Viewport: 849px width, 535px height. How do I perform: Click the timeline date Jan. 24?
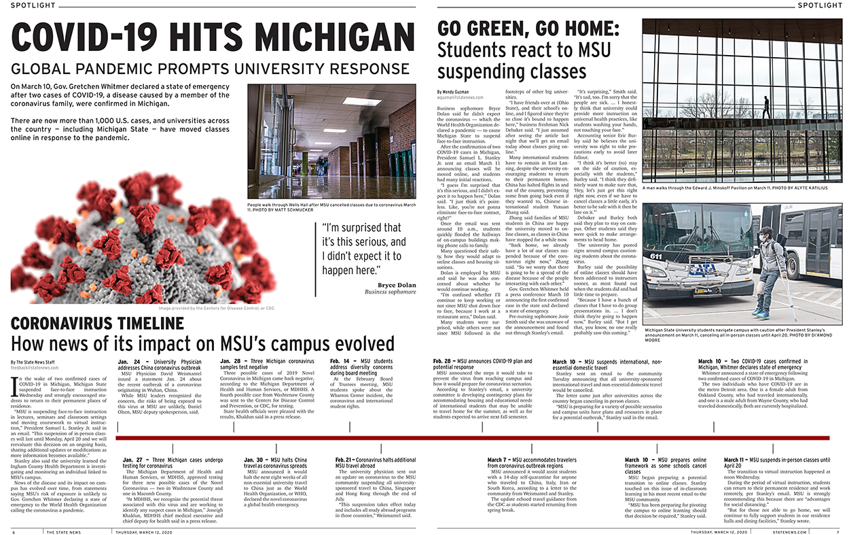(x=128, y=361)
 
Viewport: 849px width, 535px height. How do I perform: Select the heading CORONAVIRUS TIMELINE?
(x=88, y=324)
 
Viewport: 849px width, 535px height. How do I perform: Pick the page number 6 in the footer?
(x=13, y=531)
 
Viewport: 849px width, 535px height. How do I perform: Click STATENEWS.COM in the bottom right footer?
(x=790, y=531)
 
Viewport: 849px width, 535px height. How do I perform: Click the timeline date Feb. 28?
(x=444, y=361)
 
